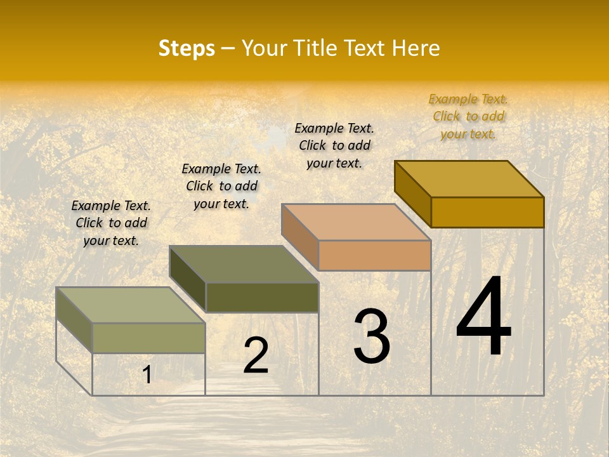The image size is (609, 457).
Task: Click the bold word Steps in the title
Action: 187,48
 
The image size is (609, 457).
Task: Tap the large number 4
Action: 483,317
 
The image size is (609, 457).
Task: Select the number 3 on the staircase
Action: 372,336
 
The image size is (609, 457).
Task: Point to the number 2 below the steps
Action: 256,355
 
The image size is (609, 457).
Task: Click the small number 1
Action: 147,374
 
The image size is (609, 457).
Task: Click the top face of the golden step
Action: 469,178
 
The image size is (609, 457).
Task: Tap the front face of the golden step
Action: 487,212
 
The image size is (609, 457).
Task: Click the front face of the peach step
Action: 374,255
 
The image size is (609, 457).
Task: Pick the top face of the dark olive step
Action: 244,263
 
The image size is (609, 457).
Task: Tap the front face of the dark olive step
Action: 262,297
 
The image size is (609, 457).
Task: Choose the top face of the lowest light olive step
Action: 131,305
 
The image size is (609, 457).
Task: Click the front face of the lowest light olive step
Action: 149,338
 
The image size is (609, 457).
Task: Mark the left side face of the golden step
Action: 412,194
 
